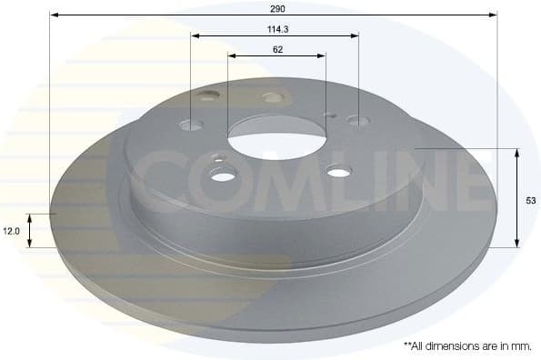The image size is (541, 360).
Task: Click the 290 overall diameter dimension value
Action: coord(277,7)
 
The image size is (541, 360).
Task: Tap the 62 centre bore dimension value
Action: coord(276,49)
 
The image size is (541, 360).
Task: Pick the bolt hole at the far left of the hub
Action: coord(191,124)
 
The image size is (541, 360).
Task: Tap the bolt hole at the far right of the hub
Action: coord(358,120)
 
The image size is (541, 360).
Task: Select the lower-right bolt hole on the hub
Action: coord(338,170)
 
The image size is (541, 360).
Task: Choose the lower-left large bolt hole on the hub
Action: coord(223,174)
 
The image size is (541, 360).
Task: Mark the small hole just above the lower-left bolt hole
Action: coord(218,158)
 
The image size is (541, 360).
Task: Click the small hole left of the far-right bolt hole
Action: coord(331,115)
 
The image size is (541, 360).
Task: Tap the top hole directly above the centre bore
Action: coord(272,97)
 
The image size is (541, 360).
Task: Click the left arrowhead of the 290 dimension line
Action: coord(54,15)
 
